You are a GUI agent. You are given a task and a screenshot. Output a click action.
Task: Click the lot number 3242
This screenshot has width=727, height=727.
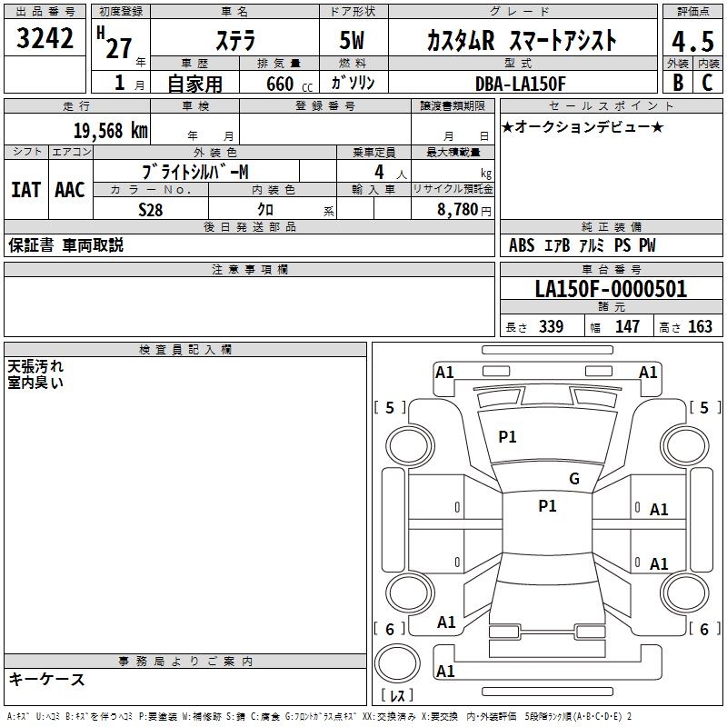(45, 38)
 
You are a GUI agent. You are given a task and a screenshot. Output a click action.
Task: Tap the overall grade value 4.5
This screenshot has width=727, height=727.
(691, 40)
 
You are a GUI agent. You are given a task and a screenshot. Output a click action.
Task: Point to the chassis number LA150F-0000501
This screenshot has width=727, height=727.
(611, 290)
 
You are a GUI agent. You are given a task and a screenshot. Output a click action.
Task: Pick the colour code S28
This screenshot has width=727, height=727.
(151, 209)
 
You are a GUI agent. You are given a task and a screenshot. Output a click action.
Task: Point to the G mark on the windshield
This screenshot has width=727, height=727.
(573, 479)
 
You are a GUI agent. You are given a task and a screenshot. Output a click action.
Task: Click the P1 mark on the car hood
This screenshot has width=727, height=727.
(507, 437)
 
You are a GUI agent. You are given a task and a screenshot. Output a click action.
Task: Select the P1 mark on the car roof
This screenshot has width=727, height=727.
(547, 506)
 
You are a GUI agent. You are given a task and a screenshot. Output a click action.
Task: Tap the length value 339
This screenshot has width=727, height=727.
(550, 327)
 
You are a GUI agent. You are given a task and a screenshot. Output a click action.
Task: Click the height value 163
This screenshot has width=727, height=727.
(700, 327)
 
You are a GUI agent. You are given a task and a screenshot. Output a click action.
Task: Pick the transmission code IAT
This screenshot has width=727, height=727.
(25, 190)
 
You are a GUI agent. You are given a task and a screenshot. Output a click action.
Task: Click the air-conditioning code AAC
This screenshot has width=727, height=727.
(70, 190)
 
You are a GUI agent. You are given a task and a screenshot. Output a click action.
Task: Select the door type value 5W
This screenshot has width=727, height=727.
(353, 40)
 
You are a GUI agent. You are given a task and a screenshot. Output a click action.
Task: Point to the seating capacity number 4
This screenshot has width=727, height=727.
(378, 172)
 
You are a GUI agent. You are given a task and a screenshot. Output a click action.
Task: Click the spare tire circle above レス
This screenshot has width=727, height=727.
(398, 662)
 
